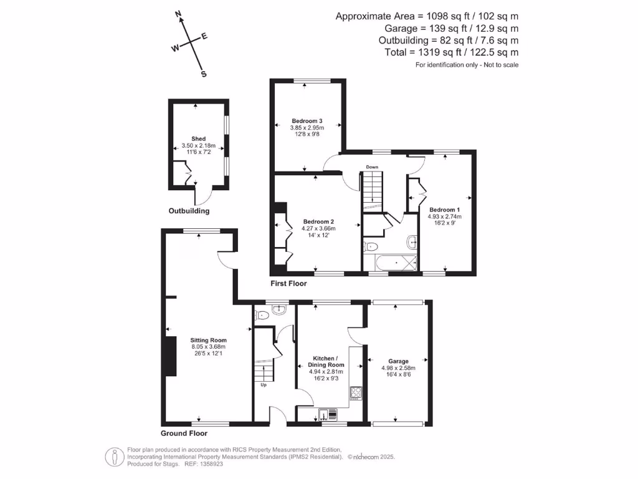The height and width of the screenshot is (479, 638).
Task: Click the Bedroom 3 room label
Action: tap(307, 120)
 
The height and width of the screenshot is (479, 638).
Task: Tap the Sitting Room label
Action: tap(208, 340)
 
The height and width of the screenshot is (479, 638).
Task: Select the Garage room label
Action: tap(398, 361)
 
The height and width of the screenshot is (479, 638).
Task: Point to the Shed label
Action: tap(199, 138)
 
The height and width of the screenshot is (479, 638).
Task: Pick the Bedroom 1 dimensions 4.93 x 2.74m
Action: tap(444, 216)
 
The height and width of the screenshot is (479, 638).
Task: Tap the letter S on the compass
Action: tap(203, 74)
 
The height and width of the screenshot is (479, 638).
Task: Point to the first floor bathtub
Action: tap(393, 264)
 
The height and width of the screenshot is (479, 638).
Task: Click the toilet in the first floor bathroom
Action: tap(369, 245)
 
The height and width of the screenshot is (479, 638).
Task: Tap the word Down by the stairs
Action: tap(372, 167)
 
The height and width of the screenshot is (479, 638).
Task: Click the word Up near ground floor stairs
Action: tap(263, 385)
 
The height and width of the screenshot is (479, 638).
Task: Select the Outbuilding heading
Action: tap(189, 211)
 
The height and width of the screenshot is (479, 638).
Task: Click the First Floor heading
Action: tap(288, 283)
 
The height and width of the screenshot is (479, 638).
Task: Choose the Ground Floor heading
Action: tap(184, 433)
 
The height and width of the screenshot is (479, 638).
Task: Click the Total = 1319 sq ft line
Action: tap(452, 53)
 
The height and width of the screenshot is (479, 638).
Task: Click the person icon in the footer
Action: tap(113, 456)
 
